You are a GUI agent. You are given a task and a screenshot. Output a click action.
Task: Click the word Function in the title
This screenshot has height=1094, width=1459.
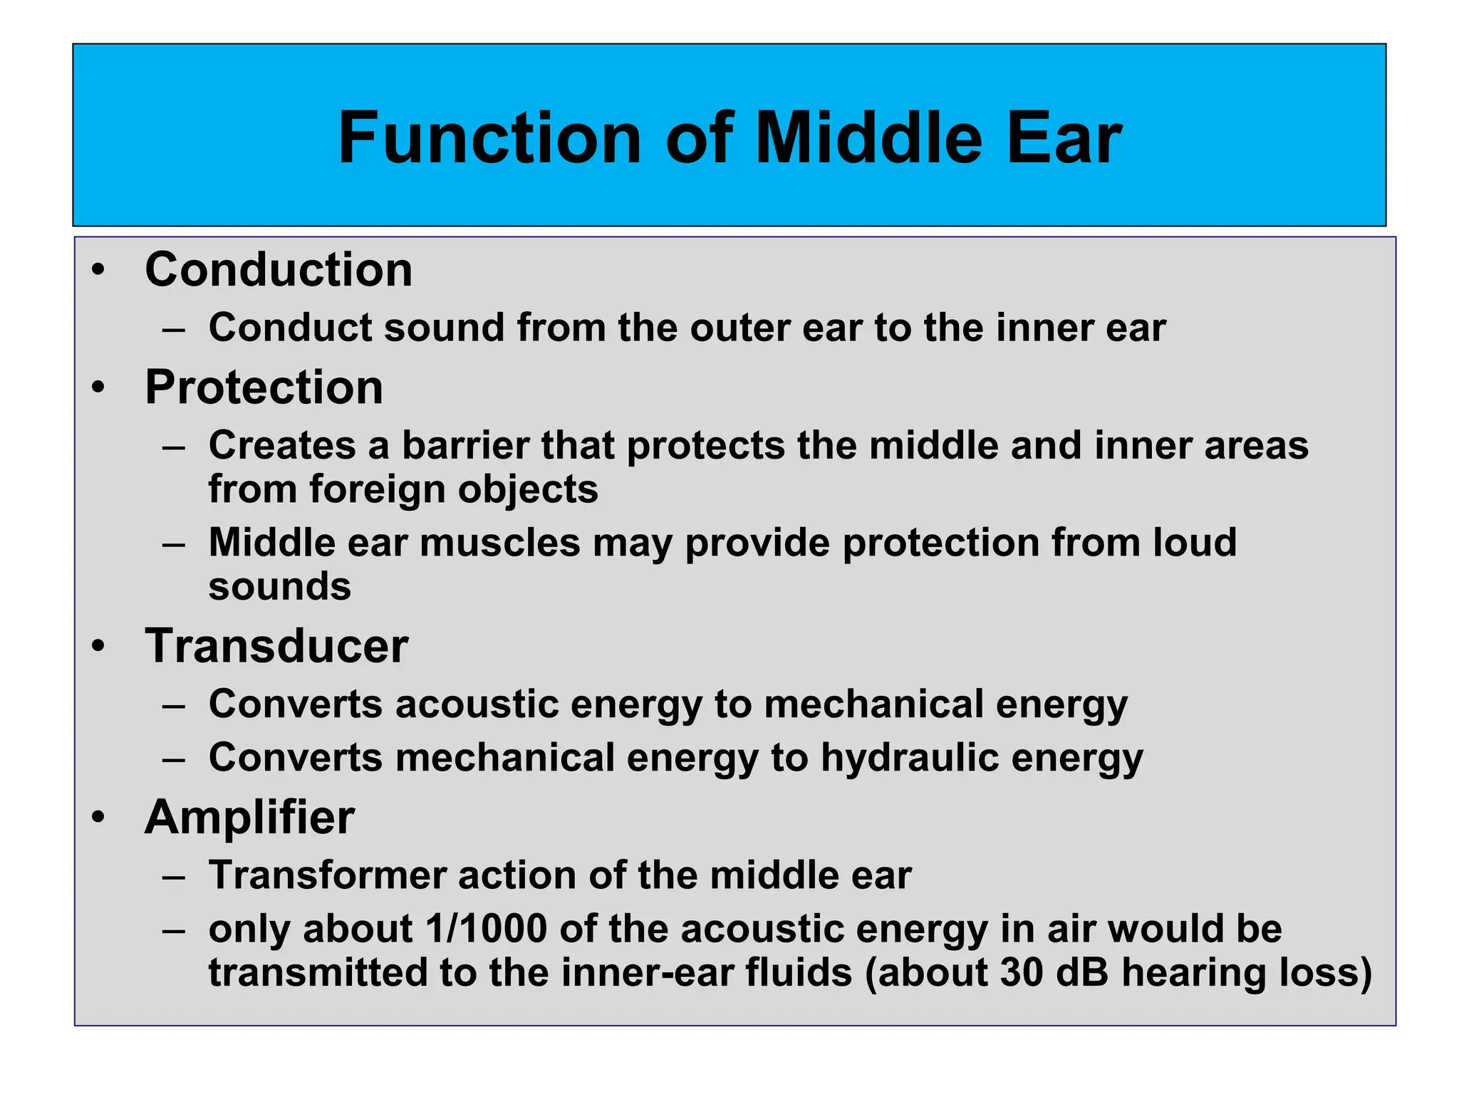pos(489,138)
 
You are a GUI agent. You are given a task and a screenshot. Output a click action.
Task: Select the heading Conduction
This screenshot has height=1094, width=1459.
pos(279,270)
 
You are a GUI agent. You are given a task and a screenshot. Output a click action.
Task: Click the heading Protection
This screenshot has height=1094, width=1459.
pos(264,387)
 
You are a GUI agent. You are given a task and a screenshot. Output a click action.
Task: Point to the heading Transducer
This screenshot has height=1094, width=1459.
pos(276,646)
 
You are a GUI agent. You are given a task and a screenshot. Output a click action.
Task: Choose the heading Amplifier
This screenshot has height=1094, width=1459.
pos(249,817)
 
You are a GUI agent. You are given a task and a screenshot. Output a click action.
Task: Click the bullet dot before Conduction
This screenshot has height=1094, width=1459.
pos(98,271)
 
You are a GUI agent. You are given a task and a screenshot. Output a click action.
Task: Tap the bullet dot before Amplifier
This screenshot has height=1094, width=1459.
pos(98,818)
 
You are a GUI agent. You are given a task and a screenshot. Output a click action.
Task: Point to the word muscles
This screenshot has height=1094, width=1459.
pos(500,543)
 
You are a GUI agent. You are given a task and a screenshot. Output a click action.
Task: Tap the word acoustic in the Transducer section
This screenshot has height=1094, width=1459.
pos(477,704)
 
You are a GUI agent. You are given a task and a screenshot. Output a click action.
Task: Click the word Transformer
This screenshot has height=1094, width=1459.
pos(327,875)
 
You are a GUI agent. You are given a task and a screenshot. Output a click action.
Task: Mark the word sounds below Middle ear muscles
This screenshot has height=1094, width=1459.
pos(279,588)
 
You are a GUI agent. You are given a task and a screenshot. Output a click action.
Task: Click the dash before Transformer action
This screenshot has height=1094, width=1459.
pos(173,876)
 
